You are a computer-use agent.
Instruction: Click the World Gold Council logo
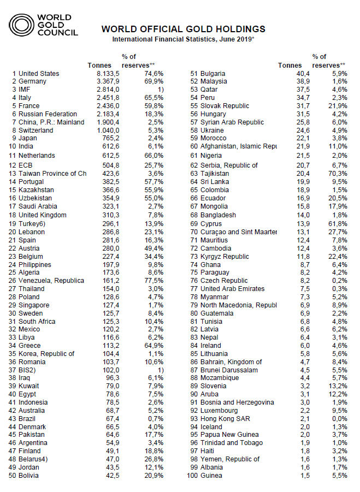point(44,25)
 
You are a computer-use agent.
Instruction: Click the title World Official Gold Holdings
point(184,29)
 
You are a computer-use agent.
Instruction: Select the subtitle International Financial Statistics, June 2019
point(184,39)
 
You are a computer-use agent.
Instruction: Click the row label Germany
point(33,81)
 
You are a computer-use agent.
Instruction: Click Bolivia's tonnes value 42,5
point(111,476)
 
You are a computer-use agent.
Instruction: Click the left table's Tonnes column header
point(99,66)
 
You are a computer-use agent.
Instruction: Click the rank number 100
point(192,476)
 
